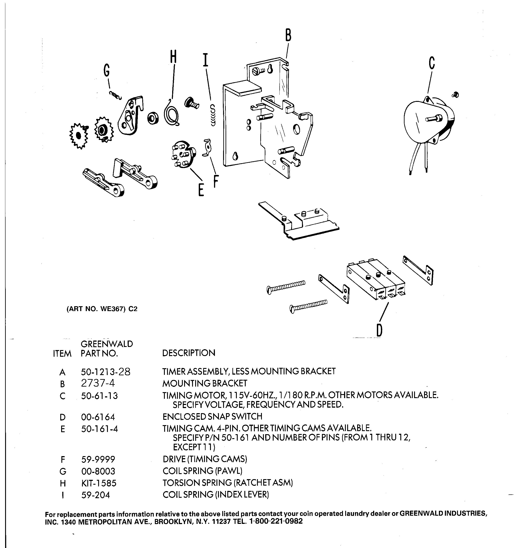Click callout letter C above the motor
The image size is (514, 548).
click(x=432, y=63)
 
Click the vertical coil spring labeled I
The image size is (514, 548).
click(x=213, y=115)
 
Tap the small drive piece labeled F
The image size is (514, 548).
click(x=207, y=147)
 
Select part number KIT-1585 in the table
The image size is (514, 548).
click(x=99, y=483)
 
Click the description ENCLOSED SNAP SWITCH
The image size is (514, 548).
click(x=212, y=416)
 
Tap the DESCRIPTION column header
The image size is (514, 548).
click(x=189, y=353)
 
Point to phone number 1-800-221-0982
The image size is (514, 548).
click(x=276, y=521)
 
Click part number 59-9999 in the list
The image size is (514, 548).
click(x=98, y=459)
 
